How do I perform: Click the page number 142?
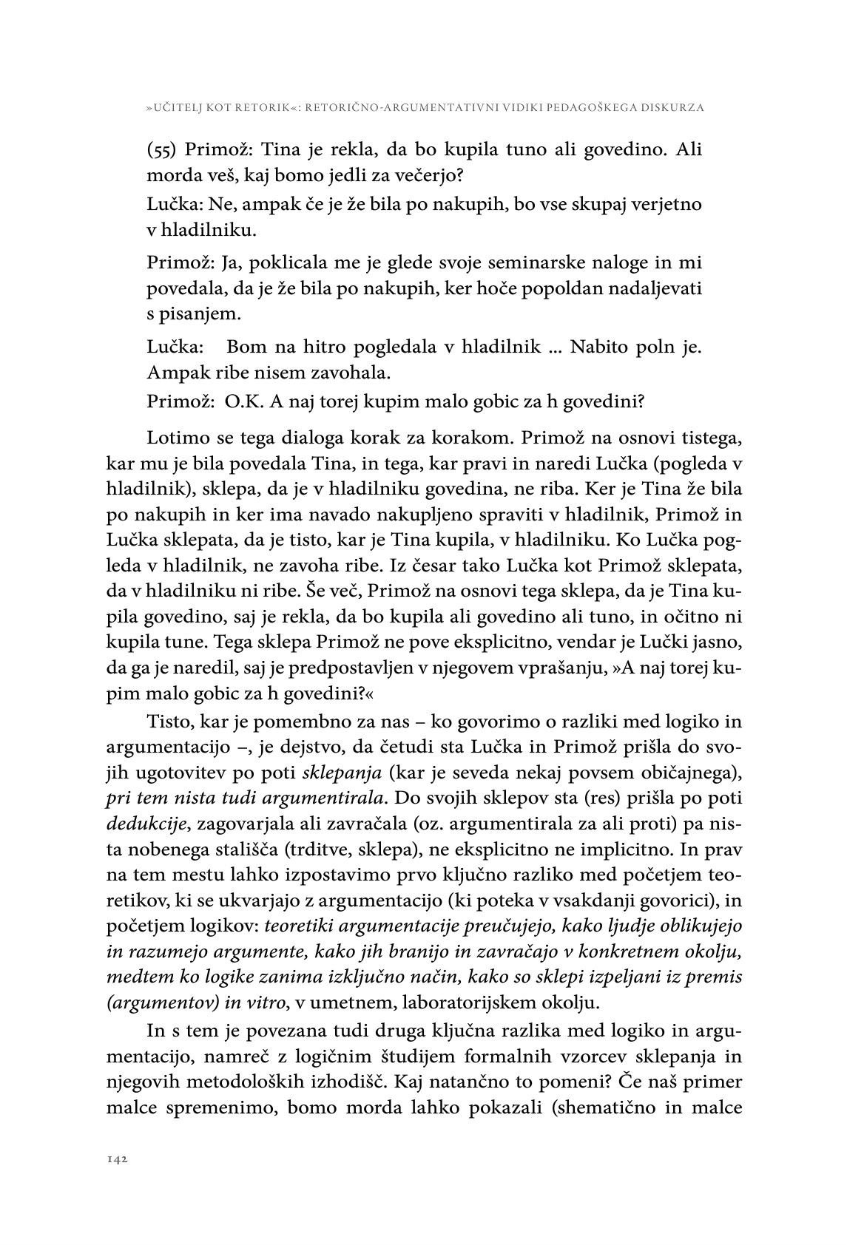pyautogui.click(x=118, y=1160)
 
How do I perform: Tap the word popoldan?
pyautogui.click(x=564, y=288)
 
